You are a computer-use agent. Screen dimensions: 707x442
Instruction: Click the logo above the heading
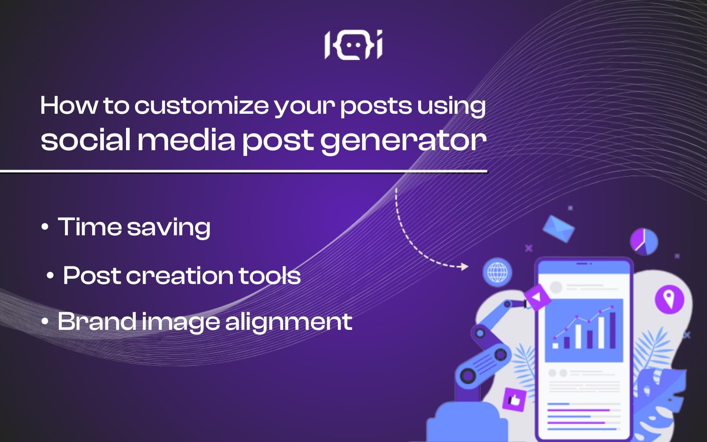point(353,45)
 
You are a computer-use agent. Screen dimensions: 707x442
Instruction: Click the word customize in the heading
point(202,106)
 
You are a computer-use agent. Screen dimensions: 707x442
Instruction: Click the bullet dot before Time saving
point(45,228)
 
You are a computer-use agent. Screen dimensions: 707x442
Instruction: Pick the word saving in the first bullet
point(169,228)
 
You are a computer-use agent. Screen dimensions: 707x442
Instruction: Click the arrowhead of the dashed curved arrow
point(464,267)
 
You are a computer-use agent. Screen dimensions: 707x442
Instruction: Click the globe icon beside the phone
point(497,272)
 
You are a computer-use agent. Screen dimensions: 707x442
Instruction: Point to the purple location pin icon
point(669,299)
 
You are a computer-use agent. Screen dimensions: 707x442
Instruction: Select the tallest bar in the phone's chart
point(612,330)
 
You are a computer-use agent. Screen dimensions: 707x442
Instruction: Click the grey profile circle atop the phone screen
point(556,287)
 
